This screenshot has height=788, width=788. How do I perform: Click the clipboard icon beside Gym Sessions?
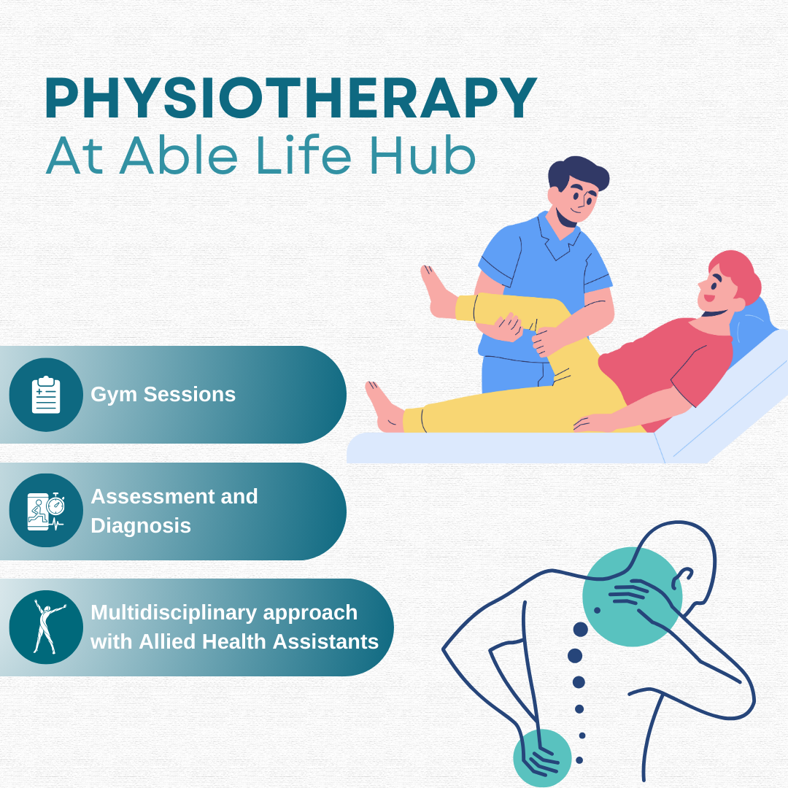coord(46,395)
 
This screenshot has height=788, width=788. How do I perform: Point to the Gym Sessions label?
coord(163,395)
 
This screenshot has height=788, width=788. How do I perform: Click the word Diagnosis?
coord(141,526)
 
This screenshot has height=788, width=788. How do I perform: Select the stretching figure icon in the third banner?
coord(46,627)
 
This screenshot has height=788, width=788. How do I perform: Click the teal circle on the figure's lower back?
coord(541,758)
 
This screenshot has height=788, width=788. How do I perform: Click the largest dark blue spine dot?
coord(575,655)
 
